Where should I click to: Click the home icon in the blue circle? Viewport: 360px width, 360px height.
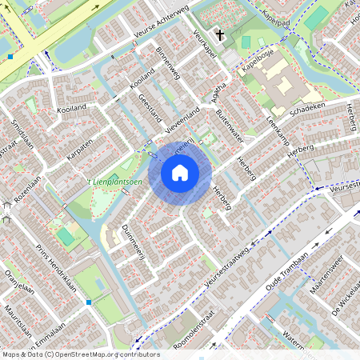tap(180, 172)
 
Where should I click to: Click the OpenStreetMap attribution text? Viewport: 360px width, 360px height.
tap(81, 354)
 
